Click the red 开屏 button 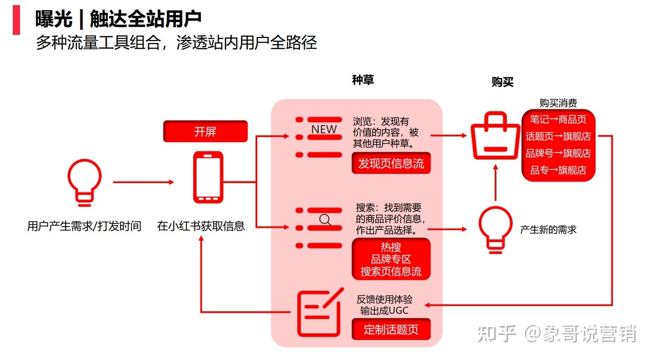tap(205, 132)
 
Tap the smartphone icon tap(208, 177)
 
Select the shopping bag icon tap(495, 135)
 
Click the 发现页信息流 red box tap(391, 164)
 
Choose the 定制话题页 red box tap(391, 329)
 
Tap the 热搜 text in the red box tap(391, 248)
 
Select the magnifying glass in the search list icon tap(325, 220)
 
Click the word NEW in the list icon tap(324, 129)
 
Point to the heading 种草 tap(363, 80)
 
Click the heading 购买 tap(502, 82)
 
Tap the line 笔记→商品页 tap(558, 119)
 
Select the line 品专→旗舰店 tap(558, 170)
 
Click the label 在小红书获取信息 tap(201, 226)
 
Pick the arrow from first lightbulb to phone tap(144, 182)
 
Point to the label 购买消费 tap(558, 103)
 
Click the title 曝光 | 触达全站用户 tap(118, 18)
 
